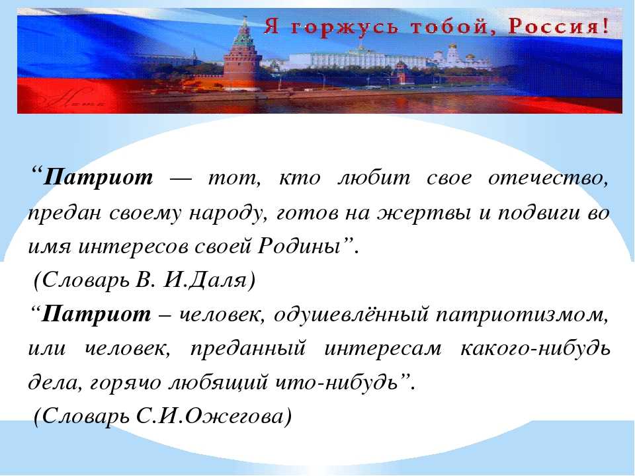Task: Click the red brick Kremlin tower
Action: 242,65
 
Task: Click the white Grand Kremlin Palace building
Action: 357,60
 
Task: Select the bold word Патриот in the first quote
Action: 99,177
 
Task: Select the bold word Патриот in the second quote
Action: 96,313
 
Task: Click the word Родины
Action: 299,245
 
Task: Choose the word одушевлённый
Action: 351,315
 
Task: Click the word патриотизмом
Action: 522,315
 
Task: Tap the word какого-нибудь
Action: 535,348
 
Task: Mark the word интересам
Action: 383,349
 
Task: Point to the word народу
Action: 225,213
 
